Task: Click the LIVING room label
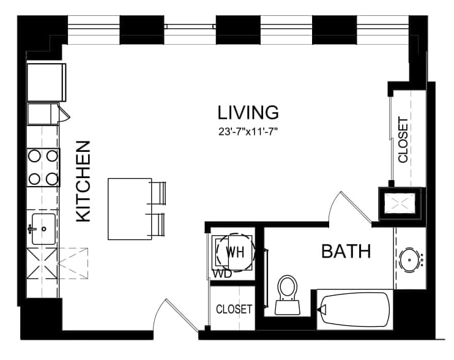248,113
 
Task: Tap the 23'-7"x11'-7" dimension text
248,132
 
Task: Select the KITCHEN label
83,182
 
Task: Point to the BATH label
346,251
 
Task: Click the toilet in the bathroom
287,295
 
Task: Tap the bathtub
355,310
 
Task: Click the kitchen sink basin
43,229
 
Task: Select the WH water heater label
235,252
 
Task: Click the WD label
221,274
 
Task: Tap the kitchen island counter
130,209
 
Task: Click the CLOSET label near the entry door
234,309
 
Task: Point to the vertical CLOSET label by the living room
403,140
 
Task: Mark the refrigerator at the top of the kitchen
47,82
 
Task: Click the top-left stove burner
34,156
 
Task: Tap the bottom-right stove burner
52,179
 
